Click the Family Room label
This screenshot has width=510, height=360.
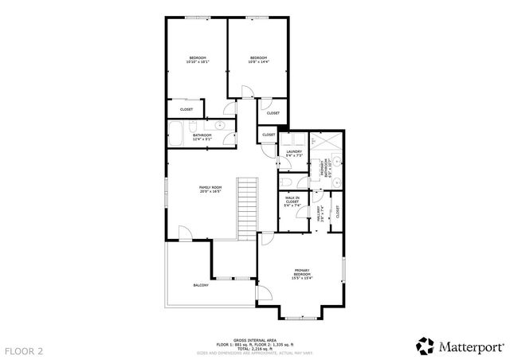tap(209, 187)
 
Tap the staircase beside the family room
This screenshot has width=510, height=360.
tap(249, 209)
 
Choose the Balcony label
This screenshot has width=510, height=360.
tap(201, 285)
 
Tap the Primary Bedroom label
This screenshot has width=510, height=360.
tap(302, 272)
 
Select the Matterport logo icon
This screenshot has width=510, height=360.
tap(425, 346)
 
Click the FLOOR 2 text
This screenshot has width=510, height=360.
tap(24, 350)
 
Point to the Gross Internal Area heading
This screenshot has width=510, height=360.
tap(255, 339)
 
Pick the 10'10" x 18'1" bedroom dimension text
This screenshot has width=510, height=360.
tap(198, 61)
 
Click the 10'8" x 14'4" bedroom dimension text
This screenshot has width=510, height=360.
tap(259, 61)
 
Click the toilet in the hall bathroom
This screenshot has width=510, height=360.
tap(230, 136)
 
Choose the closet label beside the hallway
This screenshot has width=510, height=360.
tap(338, 212)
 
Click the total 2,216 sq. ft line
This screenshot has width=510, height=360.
tap(255, 348)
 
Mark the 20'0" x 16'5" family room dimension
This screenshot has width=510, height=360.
tap(209, 192)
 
